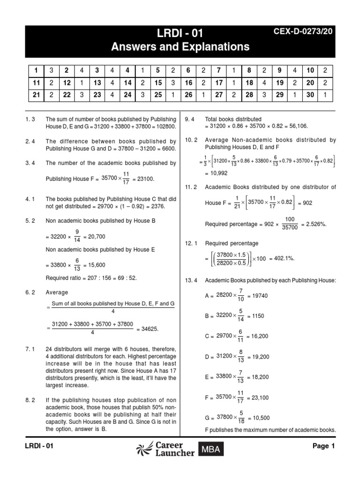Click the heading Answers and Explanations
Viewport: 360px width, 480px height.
(180, 47)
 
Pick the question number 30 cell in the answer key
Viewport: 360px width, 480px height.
(310, 96)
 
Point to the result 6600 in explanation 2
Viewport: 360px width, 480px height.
(167, 148)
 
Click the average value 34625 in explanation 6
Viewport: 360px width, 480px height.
(150, 329)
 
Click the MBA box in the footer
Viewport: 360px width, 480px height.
(210, 450)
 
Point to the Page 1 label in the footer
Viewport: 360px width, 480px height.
(323, 446)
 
